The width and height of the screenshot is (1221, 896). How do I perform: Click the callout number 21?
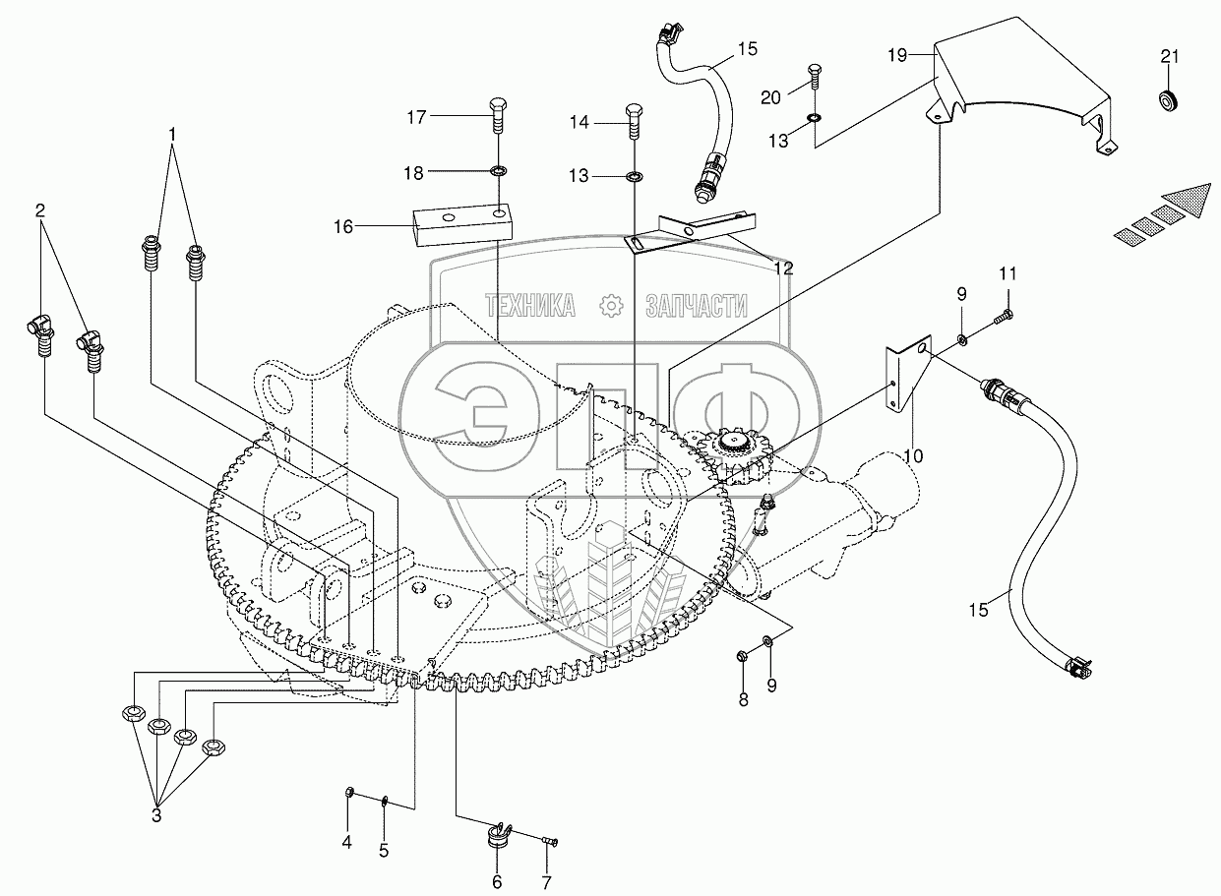point(1169,56)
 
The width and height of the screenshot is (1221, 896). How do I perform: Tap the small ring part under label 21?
point(1168,100)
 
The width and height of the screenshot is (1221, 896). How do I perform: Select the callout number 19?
point(897,56)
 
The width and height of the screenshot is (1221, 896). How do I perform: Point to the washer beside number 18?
point(499,173)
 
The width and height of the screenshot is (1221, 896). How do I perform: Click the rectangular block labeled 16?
point(460,227)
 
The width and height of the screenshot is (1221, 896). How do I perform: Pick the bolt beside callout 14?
point(634,122)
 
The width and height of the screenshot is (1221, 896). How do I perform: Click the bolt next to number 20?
point(815,75)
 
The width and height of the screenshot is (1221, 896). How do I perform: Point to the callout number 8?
point(743,700)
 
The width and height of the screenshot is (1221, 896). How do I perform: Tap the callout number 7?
point(545,882)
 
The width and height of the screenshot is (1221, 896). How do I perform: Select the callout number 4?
point(346,842)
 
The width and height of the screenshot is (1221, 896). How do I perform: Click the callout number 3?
point(156,815)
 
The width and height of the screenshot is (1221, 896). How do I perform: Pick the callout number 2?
point(40,209)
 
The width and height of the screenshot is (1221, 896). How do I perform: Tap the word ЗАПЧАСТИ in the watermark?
point(697,306)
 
